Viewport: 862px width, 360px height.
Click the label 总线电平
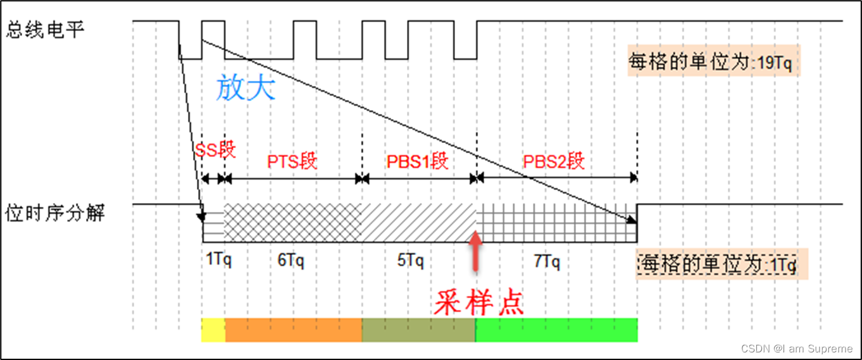pyautogui.click(x=45, y=30)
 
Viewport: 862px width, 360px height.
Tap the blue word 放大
pyautogui.click(x=246, y=89)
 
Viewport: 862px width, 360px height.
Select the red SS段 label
pyautogui.click(x=215, y=150)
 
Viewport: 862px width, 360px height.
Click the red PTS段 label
pyautogui.click(x=292, y=161)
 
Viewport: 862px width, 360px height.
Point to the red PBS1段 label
pyautogui.click(x=418, y=161)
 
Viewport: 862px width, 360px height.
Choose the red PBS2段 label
pyautogui.click(x=553, y=161)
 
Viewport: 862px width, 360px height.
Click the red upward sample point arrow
pyautogui.click(x=476, y=252)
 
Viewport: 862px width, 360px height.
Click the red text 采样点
pyautogui.click(x=478, y=303)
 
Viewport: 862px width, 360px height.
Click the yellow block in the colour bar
pyautogui.click(x=213, y=330)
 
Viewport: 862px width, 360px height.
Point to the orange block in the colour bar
pyautogui.click(x=293, y=330)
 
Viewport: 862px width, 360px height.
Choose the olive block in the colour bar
pyautogui.click(x=418, y=330)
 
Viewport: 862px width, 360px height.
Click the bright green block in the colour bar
pyautogui.click(x=556, y=330)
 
